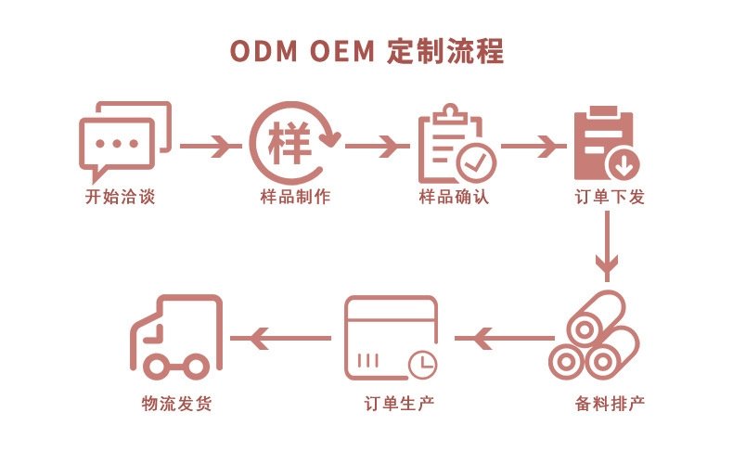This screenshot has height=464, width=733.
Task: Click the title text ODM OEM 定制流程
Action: [x=367, y=50]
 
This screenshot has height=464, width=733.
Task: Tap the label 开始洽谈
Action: [x=120, y=197]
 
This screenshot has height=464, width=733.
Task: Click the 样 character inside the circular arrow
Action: [x=289, y=143]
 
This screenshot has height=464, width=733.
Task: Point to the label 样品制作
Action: [x=295, y=197]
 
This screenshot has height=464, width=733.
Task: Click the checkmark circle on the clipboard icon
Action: [x=476, y=163]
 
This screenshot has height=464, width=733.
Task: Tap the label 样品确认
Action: [x=454, y=197]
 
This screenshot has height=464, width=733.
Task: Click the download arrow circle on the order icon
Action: [x=623, y=165]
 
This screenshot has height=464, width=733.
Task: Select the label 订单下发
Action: [x=610, y=197]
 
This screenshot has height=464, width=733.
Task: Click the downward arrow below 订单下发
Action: [x=607, y=247]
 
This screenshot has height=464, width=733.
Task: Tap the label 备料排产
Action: [x=610, y=403]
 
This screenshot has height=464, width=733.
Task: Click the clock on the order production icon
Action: [x=423, y=364]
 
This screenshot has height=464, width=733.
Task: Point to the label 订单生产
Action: [x=400, y=403]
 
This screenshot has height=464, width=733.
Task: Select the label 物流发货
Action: [x=176, y=403]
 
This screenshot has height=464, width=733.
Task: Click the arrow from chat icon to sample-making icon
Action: [x=211, y=147]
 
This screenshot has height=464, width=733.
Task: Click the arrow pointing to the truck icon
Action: [x=281, y=338]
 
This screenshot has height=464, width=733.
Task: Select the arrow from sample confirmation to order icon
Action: [x=534, y=147]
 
